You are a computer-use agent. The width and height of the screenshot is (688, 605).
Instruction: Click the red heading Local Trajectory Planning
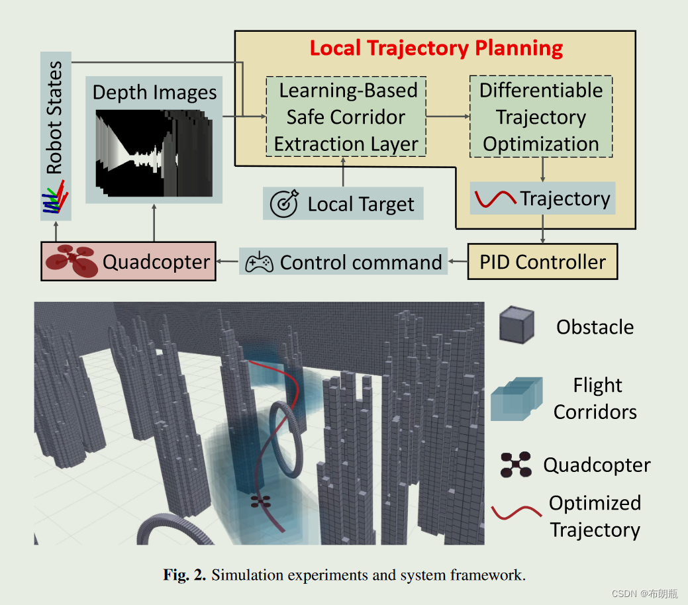click(x=436, y=48)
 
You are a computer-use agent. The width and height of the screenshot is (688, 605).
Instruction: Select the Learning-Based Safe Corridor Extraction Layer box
click(x=346, y=116)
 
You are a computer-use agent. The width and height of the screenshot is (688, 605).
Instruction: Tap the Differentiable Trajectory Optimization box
click(x=541, y=116)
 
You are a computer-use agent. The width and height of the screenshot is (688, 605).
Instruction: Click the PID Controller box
click(x=542, y=261)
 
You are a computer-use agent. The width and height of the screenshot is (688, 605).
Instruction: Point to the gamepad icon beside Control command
click(x=259, y=263)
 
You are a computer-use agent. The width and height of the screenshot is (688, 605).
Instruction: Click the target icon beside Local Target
click(x=284, y=205)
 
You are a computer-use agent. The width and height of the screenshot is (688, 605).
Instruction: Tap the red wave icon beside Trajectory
click(x=495, y=199)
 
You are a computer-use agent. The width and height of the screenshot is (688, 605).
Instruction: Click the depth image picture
click(x=154, y=153)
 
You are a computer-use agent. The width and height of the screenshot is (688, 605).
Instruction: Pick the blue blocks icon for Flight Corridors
click(x=516, y=398)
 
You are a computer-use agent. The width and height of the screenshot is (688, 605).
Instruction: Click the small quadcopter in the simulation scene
click(x=261, y=502)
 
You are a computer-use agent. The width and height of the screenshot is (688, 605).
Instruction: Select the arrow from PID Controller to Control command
click(x=458, y=262)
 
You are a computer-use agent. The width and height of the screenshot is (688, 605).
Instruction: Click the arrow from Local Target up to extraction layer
click(x=343, y=171)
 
